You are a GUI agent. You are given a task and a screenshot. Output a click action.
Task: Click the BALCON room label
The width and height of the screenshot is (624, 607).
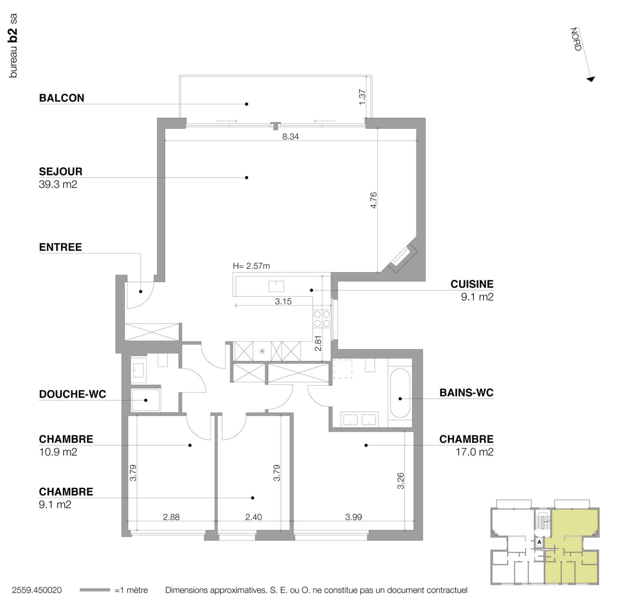(x=61, y=98)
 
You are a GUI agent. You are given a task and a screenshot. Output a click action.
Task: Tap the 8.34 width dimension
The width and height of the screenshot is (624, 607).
(x=290, y=137)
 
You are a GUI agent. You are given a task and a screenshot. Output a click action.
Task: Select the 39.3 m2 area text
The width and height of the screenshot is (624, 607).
(x=58, y=184)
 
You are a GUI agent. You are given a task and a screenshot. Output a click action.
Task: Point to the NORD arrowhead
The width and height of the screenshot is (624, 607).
(x=590, y=79)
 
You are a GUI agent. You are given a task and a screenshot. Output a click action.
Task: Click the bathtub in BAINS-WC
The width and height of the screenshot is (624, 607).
(x=400, y=393)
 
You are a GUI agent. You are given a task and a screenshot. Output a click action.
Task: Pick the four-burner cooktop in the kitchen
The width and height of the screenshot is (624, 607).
(x=322, y=319)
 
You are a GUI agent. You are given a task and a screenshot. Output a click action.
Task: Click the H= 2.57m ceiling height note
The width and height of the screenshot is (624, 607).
(x=251, y=266)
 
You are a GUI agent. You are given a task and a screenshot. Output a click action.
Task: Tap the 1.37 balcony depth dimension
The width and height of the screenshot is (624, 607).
(x=362, y=97)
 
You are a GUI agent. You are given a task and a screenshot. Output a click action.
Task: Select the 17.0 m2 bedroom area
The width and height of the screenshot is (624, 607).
(x=474, y=452)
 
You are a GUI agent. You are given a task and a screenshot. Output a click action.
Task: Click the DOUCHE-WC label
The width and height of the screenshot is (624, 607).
(x=72, y=394)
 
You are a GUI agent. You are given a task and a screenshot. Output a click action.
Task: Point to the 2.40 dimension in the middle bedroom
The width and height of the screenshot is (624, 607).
(x=253, y=517)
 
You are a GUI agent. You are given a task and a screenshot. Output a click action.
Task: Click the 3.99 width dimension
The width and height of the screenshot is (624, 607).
(x=354, y=517)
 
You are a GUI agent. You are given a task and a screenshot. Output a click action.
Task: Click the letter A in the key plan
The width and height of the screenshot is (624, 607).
(x=539, y=542)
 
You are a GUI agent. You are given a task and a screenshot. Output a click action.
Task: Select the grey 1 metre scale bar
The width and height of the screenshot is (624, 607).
(x=95, y=590)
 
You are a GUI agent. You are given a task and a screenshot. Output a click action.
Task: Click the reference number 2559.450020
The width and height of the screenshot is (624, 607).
(x=37, y=590)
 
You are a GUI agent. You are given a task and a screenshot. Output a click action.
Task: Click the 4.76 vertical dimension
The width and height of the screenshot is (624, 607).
(x=374, y=200)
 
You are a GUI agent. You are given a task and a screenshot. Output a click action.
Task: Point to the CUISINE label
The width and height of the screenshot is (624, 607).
(x=472, y=284)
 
